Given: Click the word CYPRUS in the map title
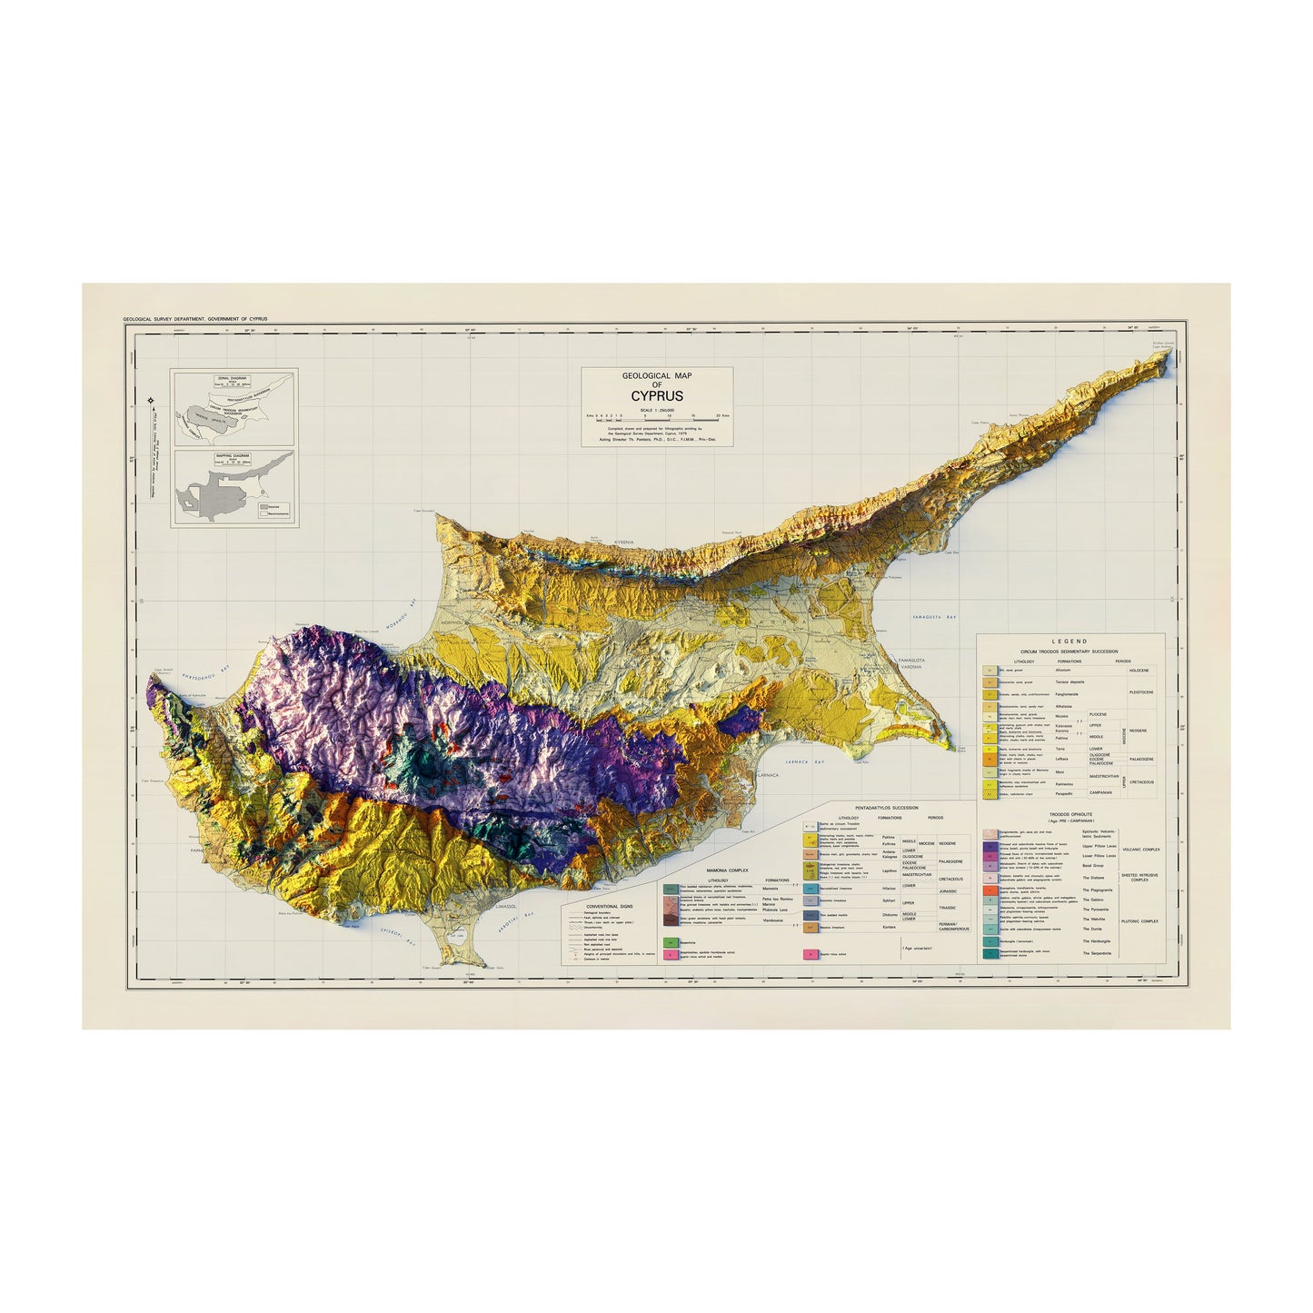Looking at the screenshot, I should coord(657,396).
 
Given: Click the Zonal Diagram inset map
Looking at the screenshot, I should coord(234,407).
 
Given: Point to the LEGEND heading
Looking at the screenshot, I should coord(1069,642).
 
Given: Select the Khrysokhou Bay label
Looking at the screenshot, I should coord(204,677).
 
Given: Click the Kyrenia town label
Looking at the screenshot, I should coord(623,542).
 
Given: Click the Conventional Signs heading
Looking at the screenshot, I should coord(609,906).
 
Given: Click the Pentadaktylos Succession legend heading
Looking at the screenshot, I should coord(886,807).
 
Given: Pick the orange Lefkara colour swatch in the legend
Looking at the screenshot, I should coord(988,756).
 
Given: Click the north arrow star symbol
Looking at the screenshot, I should coord(150,401).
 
